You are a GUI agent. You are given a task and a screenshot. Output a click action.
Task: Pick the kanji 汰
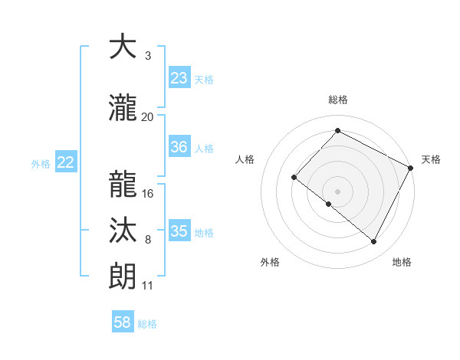coord(123,231)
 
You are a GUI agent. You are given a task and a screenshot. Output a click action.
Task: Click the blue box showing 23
coord(179,77)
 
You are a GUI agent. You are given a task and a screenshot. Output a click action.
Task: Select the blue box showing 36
coord(179,147)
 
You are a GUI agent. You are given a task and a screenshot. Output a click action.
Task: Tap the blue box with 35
coord(179,231)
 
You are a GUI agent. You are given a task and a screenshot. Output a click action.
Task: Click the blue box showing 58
coord(123,322)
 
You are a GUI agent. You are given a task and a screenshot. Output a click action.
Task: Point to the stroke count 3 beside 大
coord(147,56)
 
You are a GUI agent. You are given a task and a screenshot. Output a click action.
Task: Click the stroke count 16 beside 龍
coord(148,194)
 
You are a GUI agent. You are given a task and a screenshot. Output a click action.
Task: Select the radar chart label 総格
coord(337,100)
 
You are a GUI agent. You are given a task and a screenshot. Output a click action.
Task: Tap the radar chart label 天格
coord(431,159)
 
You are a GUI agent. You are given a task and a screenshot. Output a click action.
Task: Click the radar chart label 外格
coord(270,262)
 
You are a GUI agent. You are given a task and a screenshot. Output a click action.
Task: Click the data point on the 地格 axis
coord(374,242)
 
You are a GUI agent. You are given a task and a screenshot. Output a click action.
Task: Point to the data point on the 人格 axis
coord(294,177)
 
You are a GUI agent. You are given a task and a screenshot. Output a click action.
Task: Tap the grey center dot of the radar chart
coord(337,191)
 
